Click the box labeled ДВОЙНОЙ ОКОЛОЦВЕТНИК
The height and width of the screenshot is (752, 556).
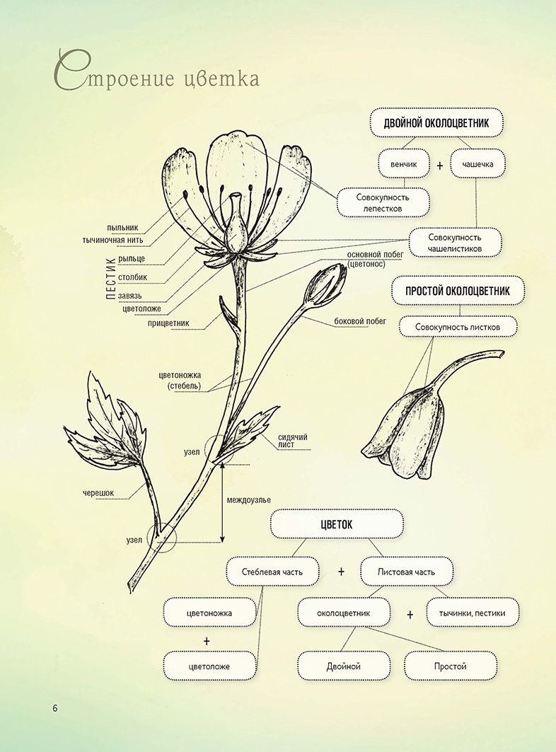(436, 122)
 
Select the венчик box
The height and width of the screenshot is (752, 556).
(404, 164)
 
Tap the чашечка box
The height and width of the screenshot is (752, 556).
(477, 164)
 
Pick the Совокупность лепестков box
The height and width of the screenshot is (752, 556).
(383, 202)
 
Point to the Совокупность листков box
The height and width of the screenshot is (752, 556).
(458, 327)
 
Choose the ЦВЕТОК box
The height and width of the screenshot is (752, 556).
(337, 524)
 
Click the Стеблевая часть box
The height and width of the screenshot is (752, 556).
(272, 572)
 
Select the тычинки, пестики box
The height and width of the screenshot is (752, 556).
(472, 613)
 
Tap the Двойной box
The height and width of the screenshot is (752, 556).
(344, 666)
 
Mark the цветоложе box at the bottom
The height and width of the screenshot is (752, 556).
(209, 666)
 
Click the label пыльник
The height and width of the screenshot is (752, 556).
(123, 228)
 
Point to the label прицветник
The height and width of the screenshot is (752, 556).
(168, 324)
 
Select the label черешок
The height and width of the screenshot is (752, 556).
(97, 493)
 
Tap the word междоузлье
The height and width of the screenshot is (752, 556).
(248, 500)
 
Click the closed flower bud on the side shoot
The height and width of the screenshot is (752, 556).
(327, 284)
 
